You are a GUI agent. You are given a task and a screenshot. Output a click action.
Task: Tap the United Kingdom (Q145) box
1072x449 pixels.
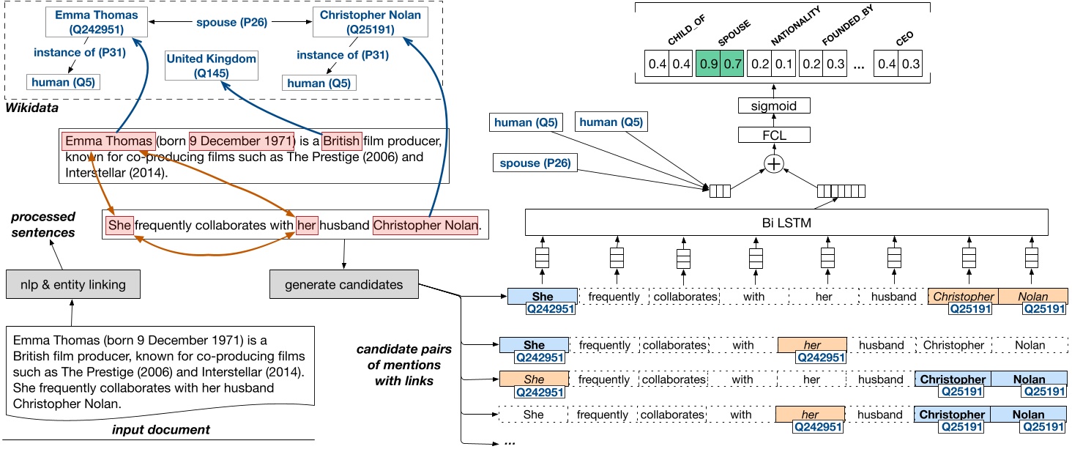tap(212, 65)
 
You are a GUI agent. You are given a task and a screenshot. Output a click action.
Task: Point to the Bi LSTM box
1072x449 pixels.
tap(787, 221)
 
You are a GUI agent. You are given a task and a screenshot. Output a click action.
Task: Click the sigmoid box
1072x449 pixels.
tap(774, 106)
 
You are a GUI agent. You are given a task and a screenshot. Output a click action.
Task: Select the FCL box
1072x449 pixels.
tap(774, 134)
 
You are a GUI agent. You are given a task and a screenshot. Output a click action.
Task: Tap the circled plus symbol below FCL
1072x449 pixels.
tap(774, 164)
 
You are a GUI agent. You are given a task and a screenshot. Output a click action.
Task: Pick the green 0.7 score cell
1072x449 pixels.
tap(732, 64)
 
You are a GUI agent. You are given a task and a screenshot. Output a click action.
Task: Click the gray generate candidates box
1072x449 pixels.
tap(345, 284)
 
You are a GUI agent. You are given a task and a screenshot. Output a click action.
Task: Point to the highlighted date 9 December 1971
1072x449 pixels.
tap(242, 141)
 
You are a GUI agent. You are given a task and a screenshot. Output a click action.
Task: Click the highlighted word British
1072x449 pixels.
tap(342, 141)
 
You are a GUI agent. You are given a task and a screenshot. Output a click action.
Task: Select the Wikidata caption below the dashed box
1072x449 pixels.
tap(33, 108)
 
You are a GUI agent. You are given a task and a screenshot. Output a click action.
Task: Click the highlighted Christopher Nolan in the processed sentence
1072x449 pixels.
tap(425, 226)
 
